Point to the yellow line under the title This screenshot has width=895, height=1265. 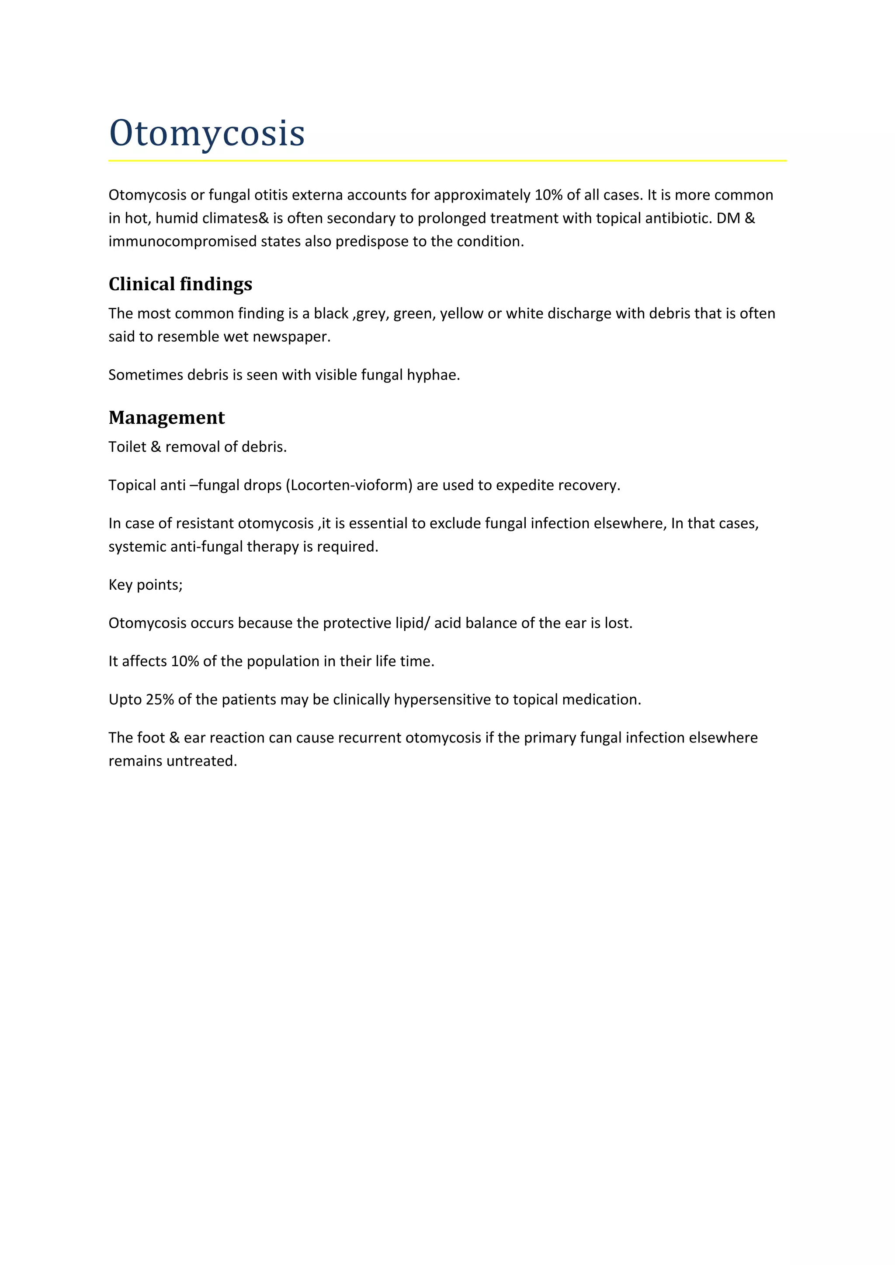tap(447, 161)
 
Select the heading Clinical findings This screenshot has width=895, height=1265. tap(180, 284)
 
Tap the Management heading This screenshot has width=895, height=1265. tap(167, 418)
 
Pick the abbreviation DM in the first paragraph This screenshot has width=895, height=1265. tap(728, 218)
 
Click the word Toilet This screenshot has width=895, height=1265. tap(127, 447)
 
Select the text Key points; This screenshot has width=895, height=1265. tap(146, 584)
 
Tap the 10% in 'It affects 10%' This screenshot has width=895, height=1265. tap(185, 661)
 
